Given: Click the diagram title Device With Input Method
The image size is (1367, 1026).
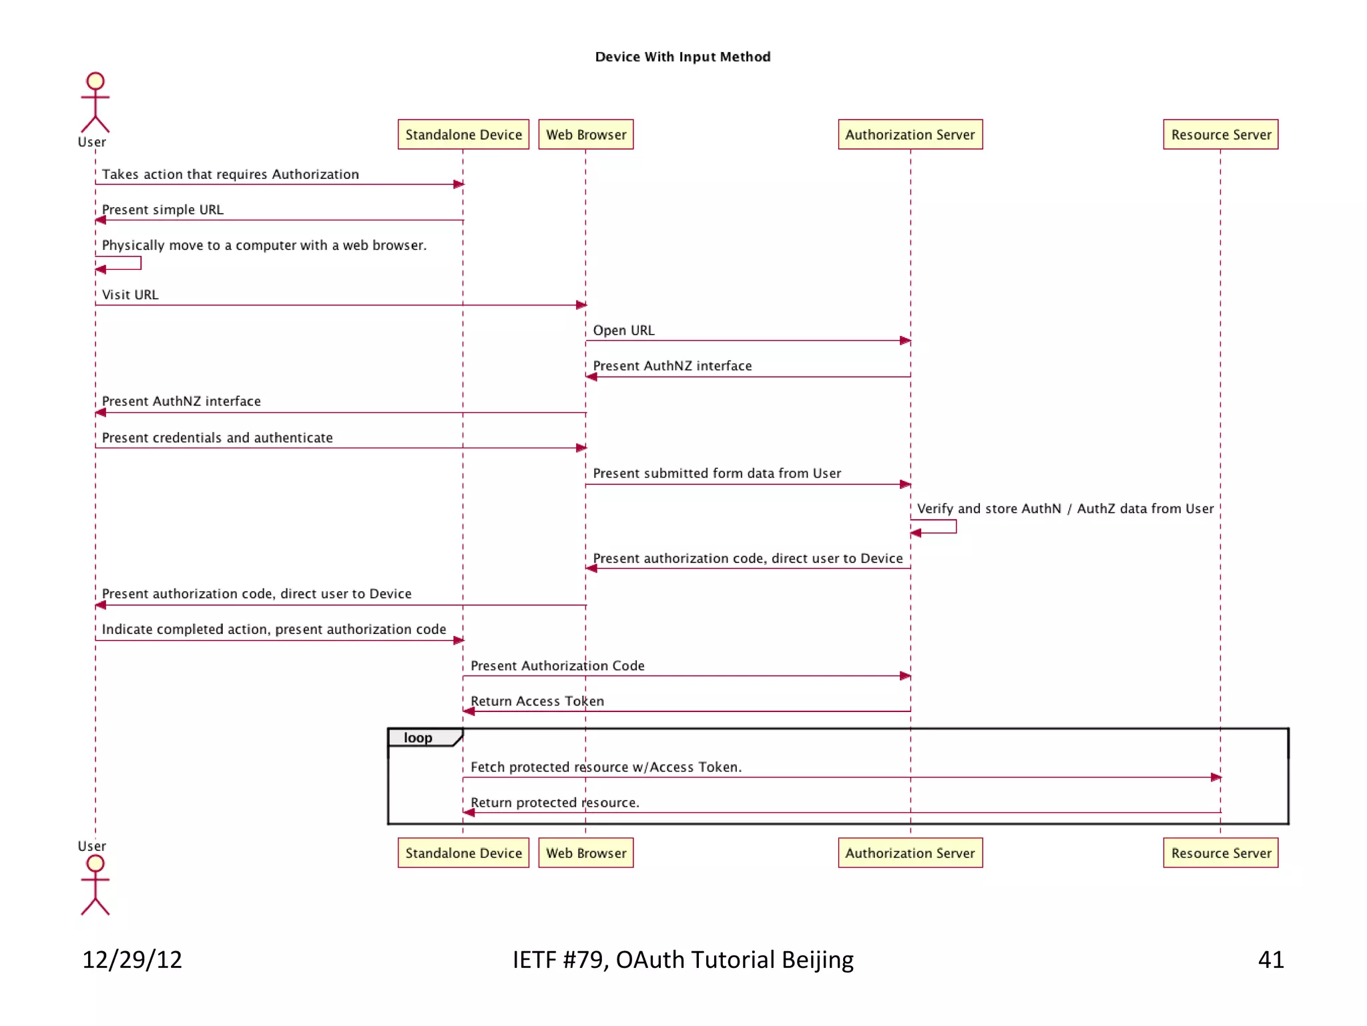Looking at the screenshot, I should pyautogui.click(x=682, y=57).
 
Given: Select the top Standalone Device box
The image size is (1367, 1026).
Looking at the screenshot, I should pyautogui.click(x=463, y=134).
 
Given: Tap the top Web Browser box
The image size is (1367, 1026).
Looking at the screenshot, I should pyautogui.click(x=585, y=134).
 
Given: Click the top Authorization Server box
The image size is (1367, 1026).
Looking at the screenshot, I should pyautogui.click(x=910, y=134).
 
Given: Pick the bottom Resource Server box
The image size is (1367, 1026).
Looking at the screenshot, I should pyautogui.click(x=1220, y=853).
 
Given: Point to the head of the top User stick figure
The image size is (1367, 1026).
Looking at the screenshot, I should pyautogui.click(x=95, y=81).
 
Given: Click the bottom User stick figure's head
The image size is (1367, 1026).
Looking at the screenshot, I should pyautogui.click(x=95, y=863).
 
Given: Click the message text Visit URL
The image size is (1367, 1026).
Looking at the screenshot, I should pyautogui.click(x=130, y=295).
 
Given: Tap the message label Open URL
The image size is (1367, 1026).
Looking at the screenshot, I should pyautogui.click(x=623, y=330).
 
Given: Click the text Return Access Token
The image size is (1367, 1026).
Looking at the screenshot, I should pyautogui.click(x=537, y=701).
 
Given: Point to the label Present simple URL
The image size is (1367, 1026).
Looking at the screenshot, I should pyautogui.click(x=162, y=209).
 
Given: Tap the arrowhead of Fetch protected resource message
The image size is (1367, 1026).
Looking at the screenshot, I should pyautogui.click(x=1215, y=778).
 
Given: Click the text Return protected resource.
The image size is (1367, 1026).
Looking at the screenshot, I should pyautogui.click(x=555, y=802).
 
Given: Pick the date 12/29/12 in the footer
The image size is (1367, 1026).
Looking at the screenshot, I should pyautogui.click(x=132, y=960).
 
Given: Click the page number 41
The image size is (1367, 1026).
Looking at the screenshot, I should pyautogui.click(x=1270, y=960).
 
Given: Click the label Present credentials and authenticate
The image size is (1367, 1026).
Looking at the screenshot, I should pyautogui.click(x=217, y=438).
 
